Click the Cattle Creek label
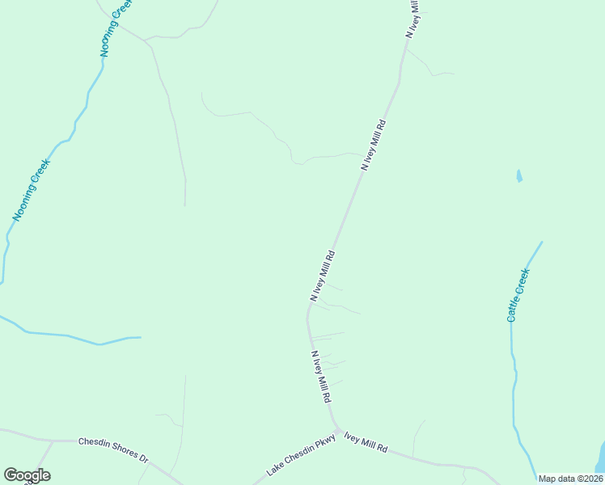pos(518,294)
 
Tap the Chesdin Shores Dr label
pos(113,451)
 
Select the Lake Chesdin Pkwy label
pos(300,458)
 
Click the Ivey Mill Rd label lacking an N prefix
pos(366,443)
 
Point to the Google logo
pos(27,475)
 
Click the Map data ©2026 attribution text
pos(571,479)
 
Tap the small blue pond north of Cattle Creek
pos(518,175)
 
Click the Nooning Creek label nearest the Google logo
pos(32,189)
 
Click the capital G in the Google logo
pos(11,475)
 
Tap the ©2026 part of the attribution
pos(588,479)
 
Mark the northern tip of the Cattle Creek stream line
pos(541,242)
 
